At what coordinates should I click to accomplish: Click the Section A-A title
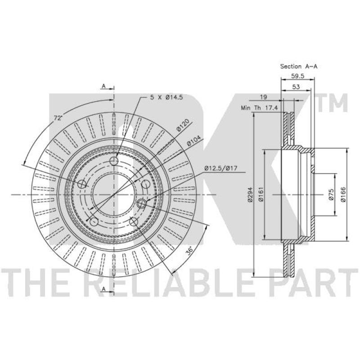click(x=299, y=67)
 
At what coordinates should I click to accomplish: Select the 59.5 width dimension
click(x=297, y=76)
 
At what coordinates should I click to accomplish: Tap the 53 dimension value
click(x=296, y=87)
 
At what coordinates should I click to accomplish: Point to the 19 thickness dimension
click(x=264, y=97)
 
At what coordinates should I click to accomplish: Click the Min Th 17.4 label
click(x=260, y=108)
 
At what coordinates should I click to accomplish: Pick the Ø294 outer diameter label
click(x=250, y=195)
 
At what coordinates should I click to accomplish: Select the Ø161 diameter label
click(x=261, y=195)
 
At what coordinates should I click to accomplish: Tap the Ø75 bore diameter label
click(x=331, y=195)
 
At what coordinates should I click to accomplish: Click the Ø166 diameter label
click(x=343, y=195)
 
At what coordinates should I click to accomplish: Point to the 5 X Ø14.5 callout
click(x=166, y=97)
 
